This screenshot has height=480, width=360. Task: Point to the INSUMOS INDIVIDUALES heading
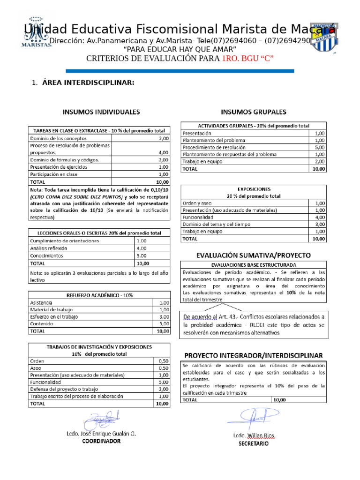pyautogui.click(x=101, y=112)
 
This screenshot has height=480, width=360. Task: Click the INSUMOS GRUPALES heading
pyautogui.click(x=253, y=112)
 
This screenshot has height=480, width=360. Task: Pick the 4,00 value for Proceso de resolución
pyautogui.click(x=164, y=152)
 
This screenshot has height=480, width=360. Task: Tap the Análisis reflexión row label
pyautogui.click(x=49, y=248)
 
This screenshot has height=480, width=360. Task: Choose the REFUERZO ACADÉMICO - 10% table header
pyautogui.click(x=98, y=295)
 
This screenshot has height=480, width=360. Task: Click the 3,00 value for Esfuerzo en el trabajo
pyautogui.click(x=164, y=316)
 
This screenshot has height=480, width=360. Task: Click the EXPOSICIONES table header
pyautogui.click(x=253, y=189)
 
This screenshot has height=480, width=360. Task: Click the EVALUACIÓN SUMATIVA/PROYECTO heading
pyautogui.click(x=253, y=255)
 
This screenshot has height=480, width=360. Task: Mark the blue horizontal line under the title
pyautogui.click(x=180, y=71)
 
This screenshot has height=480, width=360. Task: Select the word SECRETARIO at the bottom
pyautogui.click(x=254, y=443)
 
